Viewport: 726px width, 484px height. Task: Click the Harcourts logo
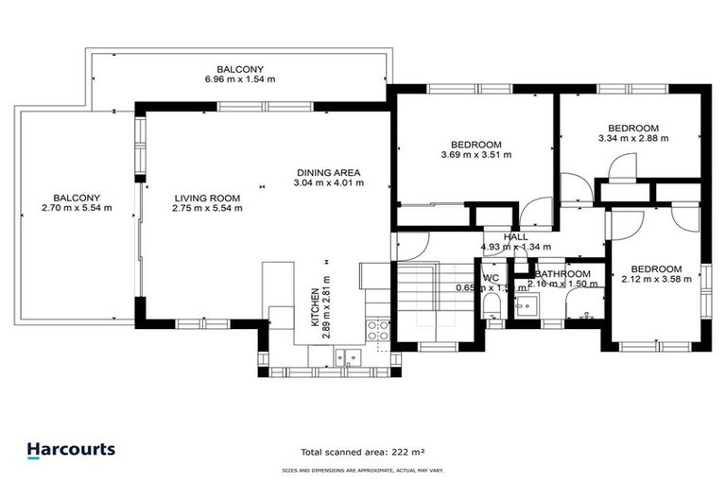click(x=71, y=451)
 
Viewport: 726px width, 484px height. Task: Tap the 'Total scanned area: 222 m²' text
click(x=362, y=452)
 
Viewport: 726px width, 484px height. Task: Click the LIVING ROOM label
click(x=207, y=199)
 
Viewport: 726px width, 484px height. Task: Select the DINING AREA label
click(x=329, y=172)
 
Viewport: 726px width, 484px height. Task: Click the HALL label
click(x=516, y=237)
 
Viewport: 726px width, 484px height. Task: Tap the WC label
click(x=491, y=278)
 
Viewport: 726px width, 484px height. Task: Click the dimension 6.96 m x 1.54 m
click(x=240, y=80)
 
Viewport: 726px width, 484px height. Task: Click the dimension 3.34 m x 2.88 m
click(x=633, y=138)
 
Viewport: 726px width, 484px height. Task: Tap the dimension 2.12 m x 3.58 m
click(x=657, y=279)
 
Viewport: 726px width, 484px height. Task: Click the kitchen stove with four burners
click(x=378, y=330)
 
